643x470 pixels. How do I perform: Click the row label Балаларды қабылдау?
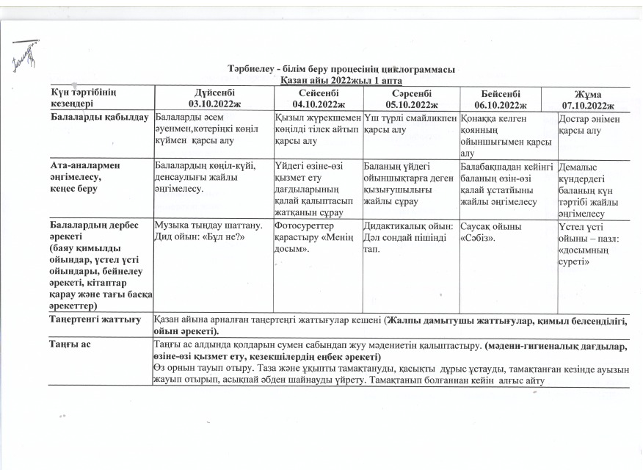click(x=100, y=118)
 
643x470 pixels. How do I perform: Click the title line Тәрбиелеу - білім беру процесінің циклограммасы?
click(x=341, y=69)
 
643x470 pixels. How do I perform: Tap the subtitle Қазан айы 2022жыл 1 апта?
click(x=341, y=79)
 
